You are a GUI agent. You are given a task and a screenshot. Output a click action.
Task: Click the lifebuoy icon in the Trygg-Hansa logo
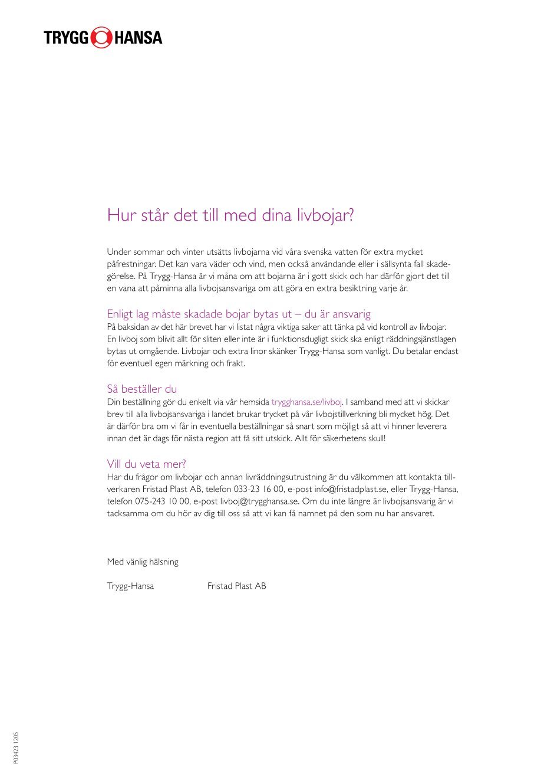(x=101, y=38)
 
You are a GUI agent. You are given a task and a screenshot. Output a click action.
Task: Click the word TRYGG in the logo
(x=65, y=38)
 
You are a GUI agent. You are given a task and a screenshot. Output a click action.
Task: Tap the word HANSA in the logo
(x=138, y=38)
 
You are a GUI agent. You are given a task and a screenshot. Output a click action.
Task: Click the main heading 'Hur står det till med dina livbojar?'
(x=230, y=215)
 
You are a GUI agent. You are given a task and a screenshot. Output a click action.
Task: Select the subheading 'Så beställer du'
(x=142, y=389)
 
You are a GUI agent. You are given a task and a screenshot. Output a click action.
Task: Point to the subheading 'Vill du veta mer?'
(x=146, y=464)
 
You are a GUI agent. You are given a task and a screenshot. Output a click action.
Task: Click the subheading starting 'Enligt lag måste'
(x=239, y=314)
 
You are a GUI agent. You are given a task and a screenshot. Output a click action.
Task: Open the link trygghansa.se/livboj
(x=306, y=402)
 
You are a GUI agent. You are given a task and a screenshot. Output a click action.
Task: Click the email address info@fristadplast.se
(x=351, y=489)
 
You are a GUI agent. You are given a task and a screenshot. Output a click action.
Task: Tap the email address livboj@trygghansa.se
(x=260, y=501)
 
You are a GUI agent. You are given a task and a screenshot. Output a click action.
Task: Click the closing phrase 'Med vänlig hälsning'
(x=143, y=562)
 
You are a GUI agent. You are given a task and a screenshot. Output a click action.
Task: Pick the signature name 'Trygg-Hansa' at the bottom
(x=130, y=586)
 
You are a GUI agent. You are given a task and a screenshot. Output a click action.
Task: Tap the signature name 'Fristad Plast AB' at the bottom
(x=237, y=586)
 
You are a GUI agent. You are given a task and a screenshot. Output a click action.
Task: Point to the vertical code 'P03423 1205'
(x=16, y=748)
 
